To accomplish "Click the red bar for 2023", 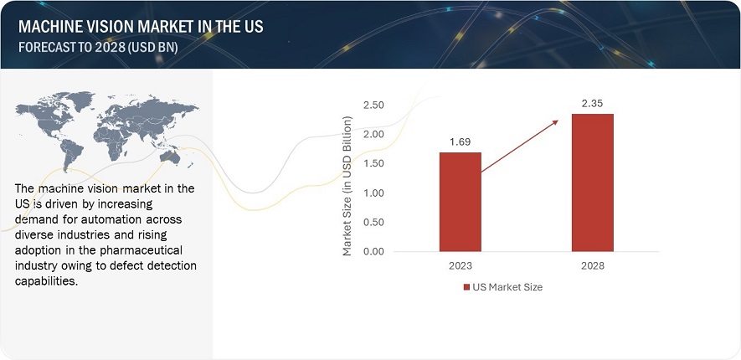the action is tap(461, 202).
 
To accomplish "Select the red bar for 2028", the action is tap(593, 183).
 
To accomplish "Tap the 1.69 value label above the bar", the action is tap(461, 141).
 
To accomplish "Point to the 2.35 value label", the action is tap(593, 104).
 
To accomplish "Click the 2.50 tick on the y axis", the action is tap(373, 105).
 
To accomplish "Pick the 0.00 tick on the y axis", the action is tap(373, 251).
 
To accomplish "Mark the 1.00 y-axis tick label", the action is tap(373, 193).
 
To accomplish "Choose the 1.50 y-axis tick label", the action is tap(373, 164).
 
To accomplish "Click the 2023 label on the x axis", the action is tap(461, 266).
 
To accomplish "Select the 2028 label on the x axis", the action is tap(593, 266).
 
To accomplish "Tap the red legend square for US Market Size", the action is tap(466, 287).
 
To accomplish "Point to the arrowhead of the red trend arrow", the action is tap(555, 122).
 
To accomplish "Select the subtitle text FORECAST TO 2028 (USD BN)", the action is tap(98, 48).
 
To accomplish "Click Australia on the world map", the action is tap(170, 157).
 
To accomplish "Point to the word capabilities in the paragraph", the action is tap(44, 281).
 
